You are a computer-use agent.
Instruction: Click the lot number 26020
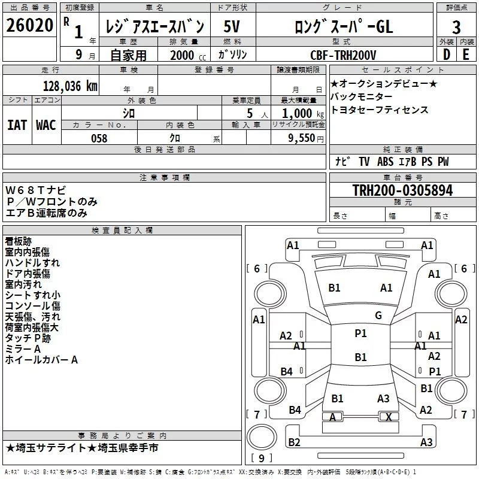pyautogui.click(x=29, y=25)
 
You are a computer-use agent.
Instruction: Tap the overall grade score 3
pyautogui.click(x=456, y=28)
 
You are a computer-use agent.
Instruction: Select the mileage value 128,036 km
pyautogui.click(x=70, y=86)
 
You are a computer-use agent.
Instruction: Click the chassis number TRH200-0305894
pyautogui.click(x=402, y=190)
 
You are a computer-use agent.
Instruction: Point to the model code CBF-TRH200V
pyautogui.click(x=343, y=55)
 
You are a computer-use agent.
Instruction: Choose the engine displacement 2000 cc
pyautogui.click(x=188, y=55)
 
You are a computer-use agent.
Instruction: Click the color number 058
pyautogui.click(x=99, y=138)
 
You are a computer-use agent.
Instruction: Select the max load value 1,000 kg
pyautogui.click(x=303, y=114)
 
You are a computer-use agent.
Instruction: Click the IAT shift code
pyautogui.click(x=17, y=125)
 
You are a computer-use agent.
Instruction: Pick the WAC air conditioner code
pyautogui.click(x=46, y=125)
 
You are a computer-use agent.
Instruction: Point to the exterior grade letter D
pyautogui.click(x=447, y=54)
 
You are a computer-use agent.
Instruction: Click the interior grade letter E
pyautogui.click(x=466, y=54)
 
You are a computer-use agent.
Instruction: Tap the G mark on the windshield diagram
pyautogui.click(x=378, y=316)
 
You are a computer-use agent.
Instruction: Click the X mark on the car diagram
pyautogui.click(x=389, y=417)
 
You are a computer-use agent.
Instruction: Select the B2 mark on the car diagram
pyautogui.click(x=294, y=442)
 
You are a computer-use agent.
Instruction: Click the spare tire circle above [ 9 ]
pyautogui.click(x=262, y=437)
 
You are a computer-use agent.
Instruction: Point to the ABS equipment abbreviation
pyautogui.click(x=385, y=162)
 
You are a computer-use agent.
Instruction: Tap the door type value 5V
pyautogui.click(x=232, y=26)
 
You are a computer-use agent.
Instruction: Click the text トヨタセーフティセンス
pyautogui.click(x=380, y=110)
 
